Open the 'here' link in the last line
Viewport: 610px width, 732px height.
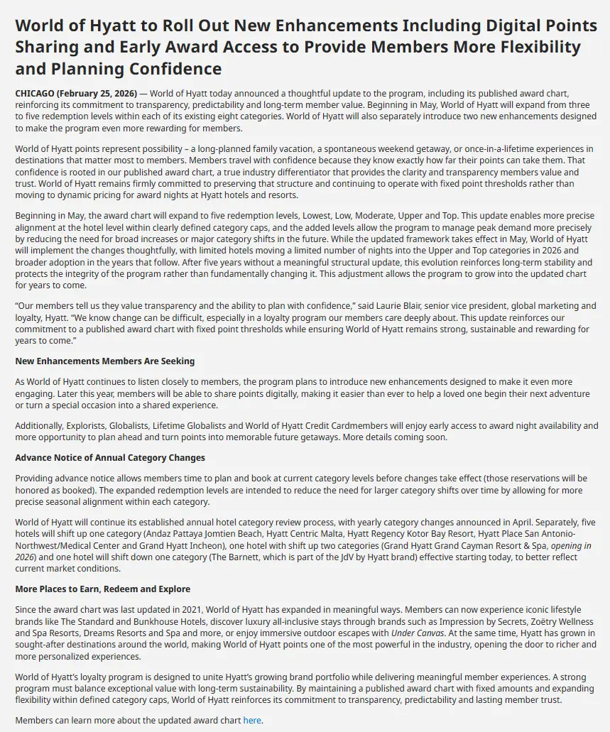click(x=252, y=720)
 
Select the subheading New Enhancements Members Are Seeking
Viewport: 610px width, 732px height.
click(x=104, y=361)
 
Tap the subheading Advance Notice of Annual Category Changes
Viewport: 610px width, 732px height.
click(x=110, y=458)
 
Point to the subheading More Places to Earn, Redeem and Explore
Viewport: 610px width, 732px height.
click(x=102, y=589)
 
